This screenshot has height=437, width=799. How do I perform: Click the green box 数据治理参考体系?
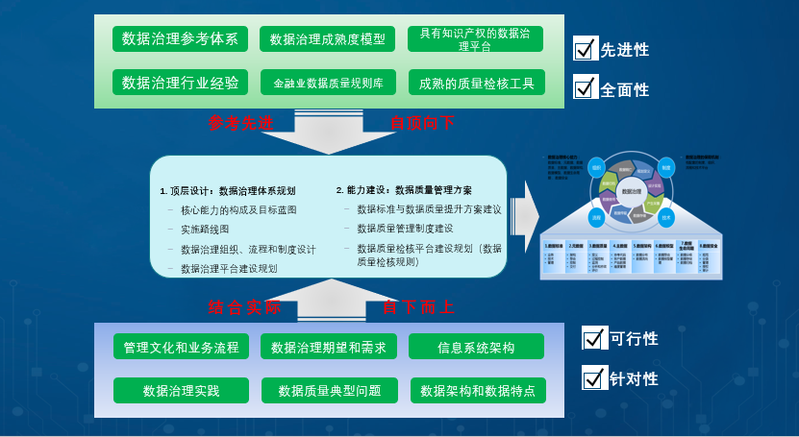tap(180, 38)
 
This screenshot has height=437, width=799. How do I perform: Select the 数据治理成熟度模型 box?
tap(327, 39)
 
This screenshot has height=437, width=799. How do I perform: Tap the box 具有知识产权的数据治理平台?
tap(475, 38)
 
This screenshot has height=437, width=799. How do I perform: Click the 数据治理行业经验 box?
tap(180, 83)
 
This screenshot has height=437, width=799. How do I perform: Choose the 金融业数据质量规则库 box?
tap(328, 84)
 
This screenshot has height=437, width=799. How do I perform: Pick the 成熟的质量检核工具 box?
tap(476, 84)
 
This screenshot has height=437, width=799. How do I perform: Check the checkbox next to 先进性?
tap(586, 48)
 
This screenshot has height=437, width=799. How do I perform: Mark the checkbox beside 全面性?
tap(586, 87)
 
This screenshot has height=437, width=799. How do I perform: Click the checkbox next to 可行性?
tap(594, 338)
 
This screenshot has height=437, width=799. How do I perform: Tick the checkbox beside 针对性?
tap(594, 377)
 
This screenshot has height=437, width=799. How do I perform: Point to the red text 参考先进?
tap(240, 123)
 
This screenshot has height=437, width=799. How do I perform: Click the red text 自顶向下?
tap(421, 123)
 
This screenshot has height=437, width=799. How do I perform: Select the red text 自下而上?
tap(417, 307)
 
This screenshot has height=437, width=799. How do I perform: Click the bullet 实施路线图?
tap(205, 230)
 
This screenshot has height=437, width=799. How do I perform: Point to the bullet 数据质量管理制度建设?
tap(404, 229)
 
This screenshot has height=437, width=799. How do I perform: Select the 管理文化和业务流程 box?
tap(181, 347)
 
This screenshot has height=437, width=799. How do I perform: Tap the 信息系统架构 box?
tap(476, 347)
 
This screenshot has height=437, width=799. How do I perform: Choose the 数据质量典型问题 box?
tap(329, 391)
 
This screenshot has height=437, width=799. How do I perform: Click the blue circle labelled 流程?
tap(596, 218)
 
